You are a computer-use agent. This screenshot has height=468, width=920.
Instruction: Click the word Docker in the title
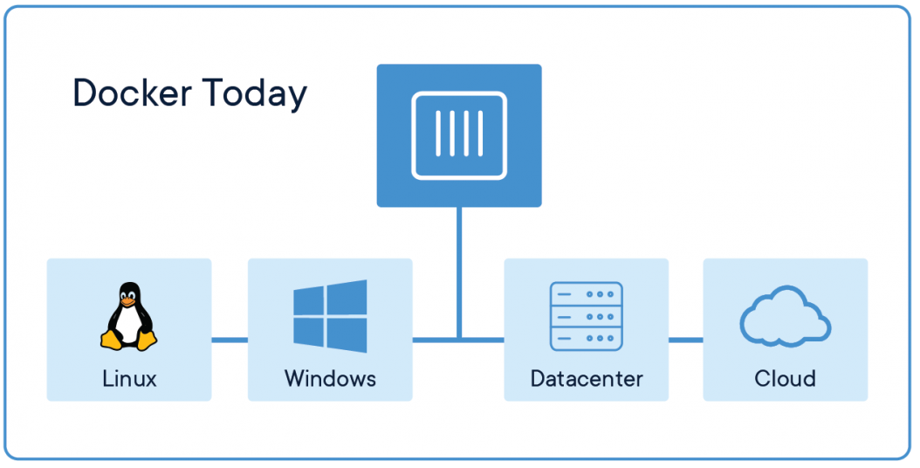pyautogui.click(x=132, y=93)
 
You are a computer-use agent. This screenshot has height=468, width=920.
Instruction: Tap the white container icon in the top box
pyautogui.click(x=459, y=135)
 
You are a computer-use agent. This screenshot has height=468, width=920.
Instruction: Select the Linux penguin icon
pyautogui.click(x=128, y=316)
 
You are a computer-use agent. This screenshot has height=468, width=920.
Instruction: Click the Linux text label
pyautogui.click(x=130, y=379)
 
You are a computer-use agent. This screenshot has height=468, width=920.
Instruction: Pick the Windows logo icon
pyautogui.click(x=330, y=316)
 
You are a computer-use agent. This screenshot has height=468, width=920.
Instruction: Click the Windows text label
pyautogui.click(x=330, y=379)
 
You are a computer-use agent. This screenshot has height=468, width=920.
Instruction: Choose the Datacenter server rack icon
pyautogui.click(x=587, y=316)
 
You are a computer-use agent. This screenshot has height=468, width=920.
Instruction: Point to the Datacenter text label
pyautogui.click(x=587, y=379)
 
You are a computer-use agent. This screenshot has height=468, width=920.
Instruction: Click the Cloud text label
pyautogui.click(x=785, y=379)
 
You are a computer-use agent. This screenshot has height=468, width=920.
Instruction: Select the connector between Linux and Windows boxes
pyautogui.click(x=230, y=340)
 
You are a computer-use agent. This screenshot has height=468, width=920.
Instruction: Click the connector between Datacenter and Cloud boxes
pyautogui.click(x=686, y=340)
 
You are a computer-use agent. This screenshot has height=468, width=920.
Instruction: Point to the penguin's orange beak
pyautogui.click(x=128, y=300)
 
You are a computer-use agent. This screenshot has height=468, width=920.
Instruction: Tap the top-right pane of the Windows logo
pyautogui.click(x=347, y=297)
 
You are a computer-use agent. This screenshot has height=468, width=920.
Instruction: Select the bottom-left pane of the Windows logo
pyautogui.click(x=309, y=332)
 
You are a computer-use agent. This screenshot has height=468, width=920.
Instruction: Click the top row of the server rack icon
pyautogui.click(x=587, y=293)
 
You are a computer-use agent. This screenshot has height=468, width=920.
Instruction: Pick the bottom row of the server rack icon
pyautogui.click(x=587, y=339)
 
